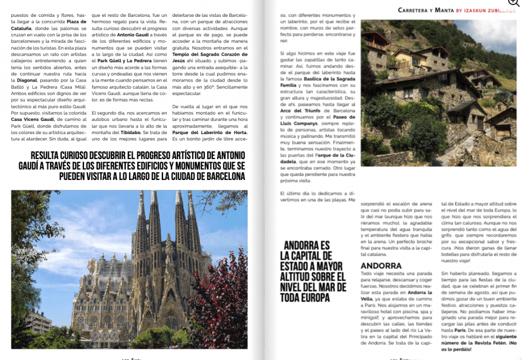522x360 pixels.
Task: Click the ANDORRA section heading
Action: click(381, 266)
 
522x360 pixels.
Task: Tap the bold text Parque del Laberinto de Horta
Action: click(209, 133)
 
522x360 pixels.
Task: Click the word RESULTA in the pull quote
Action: click(47, 155)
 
